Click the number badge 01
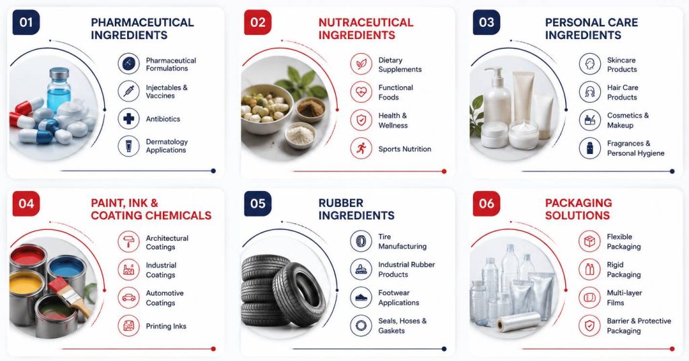26,22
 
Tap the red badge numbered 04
26,203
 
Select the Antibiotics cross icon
129,118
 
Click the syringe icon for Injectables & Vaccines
129,91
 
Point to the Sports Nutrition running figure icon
361,149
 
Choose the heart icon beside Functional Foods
361,92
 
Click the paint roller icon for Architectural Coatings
129,242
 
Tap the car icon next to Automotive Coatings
129,298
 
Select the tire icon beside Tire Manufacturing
361,241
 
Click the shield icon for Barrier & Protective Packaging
589,325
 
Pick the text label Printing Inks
166,326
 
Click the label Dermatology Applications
167,146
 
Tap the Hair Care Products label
622,92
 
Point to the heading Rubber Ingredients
357,209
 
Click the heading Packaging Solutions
578,209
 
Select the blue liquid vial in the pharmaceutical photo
59,90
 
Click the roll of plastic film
519,322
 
